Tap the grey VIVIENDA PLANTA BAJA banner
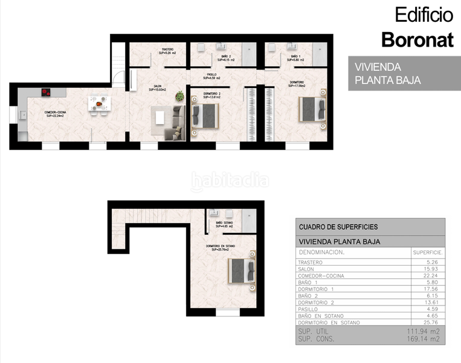pyautogui.click(x=404, y=73)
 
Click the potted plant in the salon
pyautogui.click(x=179, y=96)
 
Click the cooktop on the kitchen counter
pyautogui.click(x=45, y=93)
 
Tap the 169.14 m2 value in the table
pyautogui.click(x=425, y=340)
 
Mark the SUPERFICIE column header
pyautogui.click(x=428, y=252)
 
